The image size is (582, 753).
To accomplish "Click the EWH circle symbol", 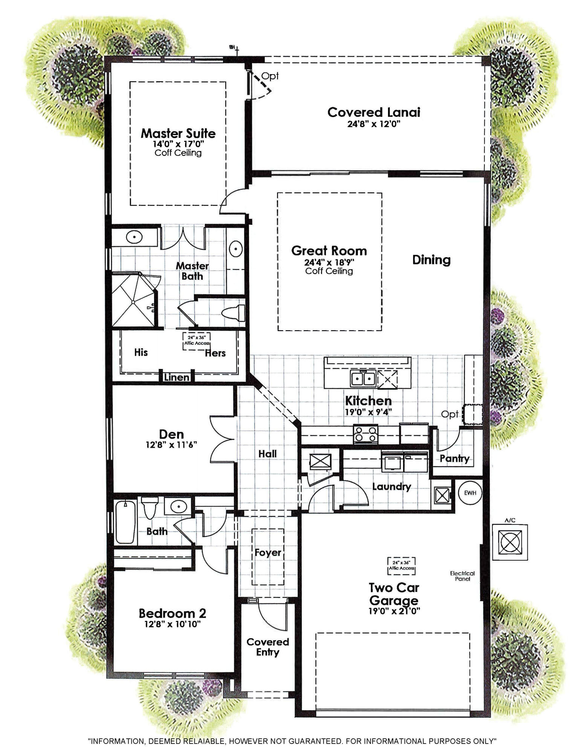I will pyautogui.click(x=470, y=492).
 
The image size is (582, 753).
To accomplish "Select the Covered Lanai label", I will pyautogui.click(x=374, y=112).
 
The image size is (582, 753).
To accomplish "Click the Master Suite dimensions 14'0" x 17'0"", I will pyautogui.click(x=178, y=143).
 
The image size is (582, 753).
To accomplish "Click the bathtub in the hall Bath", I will pyautogui.click(x=125, y=522).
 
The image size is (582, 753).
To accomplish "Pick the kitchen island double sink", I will pyautogui.click(x=363, y=378).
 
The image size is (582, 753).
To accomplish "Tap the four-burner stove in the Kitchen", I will pyautogui.click(x=365, y=433).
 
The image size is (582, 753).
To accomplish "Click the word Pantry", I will pyautogui.click(x=454, y=459).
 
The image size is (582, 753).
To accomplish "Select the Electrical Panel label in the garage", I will pyautogui.click(x=462, y=576).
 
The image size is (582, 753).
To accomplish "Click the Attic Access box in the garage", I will pyautogui.click(x=402, y=566).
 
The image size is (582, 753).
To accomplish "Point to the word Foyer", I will pyautogui.click(x=268, y=553).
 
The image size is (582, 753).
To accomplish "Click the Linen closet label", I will pyautogui.click(x=176, y=377).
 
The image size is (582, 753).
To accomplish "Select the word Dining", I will pyautogui.click(x=431, y=260).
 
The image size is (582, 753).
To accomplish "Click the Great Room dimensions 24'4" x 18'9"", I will pyautogui.click(x=329, y=262).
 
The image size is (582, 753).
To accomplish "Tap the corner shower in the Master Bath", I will pyautogui.click(x=133, y=301).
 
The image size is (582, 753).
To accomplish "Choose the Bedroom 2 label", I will pyautogui.click(x=172, y=613).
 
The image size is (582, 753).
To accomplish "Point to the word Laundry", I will pyautogui.click(x=391, y=486).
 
